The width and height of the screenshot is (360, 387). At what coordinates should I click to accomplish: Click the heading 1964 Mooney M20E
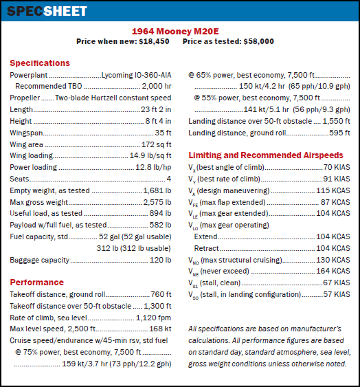click(179, 31)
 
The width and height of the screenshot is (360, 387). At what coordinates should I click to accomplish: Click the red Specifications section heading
click(39, 63)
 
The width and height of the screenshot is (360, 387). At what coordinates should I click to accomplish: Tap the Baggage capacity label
click(39, 260)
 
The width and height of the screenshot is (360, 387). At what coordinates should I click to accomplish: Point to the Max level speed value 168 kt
click(159, 329)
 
